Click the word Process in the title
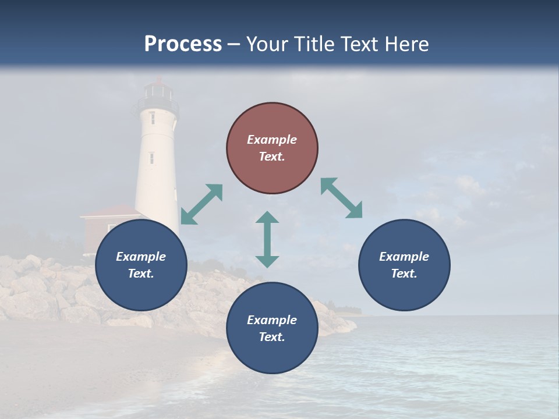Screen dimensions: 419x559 [183, 44]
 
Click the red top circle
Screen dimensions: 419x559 [272, 148]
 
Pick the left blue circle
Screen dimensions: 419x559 [141, 265]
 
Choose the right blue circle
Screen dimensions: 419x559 [404, 265]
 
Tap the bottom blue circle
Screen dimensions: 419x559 [272, 328]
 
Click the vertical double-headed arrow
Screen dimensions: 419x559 [267, 239]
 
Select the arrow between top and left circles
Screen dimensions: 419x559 [201, 204]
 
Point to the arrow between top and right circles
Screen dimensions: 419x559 [342, 198]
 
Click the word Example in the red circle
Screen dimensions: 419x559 [272, 140]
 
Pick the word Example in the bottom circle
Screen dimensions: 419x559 [272, 319]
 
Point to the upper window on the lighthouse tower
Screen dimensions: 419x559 [153, 118]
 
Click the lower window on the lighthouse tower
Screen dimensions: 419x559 [151, 158]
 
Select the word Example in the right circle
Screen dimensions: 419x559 [404, 256]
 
